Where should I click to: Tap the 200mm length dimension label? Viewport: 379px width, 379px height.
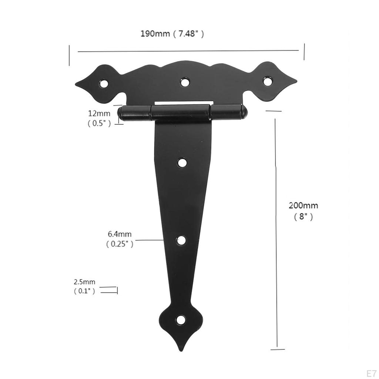pos(303,205)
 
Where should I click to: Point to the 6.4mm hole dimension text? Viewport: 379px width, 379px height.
pos(120,234)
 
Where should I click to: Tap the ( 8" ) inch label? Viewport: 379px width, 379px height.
pos(303,217)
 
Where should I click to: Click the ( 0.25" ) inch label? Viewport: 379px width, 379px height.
pos(120,244)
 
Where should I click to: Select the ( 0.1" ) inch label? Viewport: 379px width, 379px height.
pos(84,291)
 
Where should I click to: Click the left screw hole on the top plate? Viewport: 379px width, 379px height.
pos(104,84)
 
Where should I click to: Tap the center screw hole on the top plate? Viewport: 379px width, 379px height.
pos(185,81)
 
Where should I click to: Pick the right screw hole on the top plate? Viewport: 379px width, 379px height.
pos(268,81)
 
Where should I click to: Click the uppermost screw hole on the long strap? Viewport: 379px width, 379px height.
pos(182,162)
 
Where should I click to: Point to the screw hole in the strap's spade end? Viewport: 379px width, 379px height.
pos(181,320)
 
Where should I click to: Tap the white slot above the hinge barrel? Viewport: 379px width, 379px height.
pos(184,103)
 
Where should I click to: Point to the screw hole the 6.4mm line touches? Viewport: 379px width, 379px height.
pos(181,240)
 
